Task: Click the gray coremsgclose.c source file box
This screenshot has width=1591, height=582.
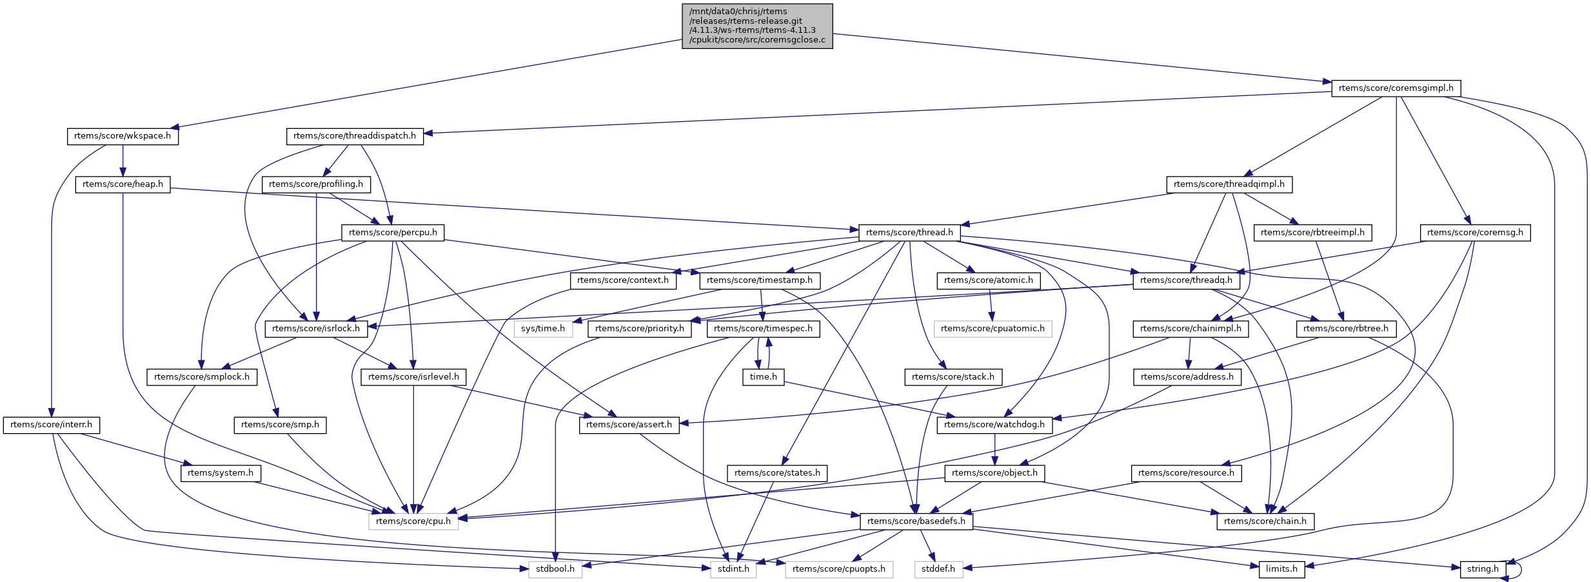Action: point(757,26)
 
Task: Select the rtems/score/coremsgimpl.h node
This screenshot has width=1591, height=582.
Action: point(1396,88)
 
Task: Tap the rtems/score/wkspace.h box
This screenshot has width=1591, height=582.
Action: point(123,136)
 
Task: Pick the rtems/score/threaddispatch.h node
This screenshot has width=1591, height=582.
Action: point(355,136)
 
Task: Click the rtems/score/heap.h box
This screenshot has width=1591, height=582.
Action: point(123,184)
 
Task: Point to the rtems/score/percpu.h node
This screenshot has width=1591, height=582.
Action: point(393,232)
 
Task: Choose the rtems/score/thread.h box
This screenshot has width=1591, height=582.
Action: point(909,232)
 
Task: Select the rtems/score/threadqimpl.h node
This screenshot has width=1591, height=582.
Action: point(1229,184)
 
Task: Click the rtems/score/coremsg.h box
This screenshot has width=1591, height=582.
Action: point(1475,232)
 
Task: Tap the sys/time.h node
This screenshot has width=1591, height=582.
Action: point(543,329)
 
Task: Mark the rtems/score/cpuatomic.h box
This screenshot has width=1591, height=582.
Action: point(993,329)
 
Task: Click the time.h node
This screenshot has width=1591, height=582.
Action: point(764,377)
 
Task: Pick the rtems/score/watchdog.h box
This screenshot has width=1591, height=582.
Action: point(994,425)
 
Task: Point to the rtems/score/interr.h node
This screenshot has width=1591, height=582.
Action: point(52,425)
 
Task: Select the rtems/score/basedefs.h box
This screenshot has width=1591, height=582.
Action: point(916,521)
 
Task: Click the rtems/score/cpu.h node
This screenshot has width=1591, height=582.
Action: point(413,521)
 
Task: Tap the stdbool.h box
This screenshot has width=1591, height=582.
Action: point(555,569)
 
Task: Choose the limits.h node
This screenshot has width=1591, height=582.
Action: point(1281,569)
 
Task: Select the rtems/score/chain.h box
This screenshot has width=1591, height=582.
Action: point(1265,521)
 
